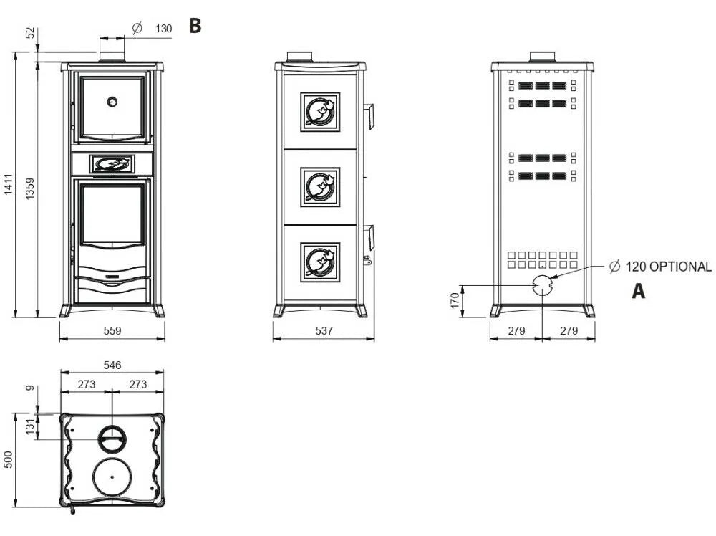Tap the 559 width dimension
pos(112,330)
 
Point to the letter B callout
pos(195,27)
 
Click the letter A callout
pos(638,292)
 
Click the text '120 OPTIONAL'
pos(669,267)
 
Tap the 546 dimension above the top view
pos(112,365)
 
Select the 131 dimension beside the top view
pos(29,426)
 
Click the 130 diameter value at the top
pos(163,28)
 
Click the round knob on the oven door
pos(112,102)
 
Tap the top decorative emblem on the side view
pos(320,111)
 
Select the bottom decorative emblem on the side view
pos(320,262)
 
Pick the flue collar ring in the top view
pos(112,436)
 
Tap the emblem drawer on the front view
pos(112,164)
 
